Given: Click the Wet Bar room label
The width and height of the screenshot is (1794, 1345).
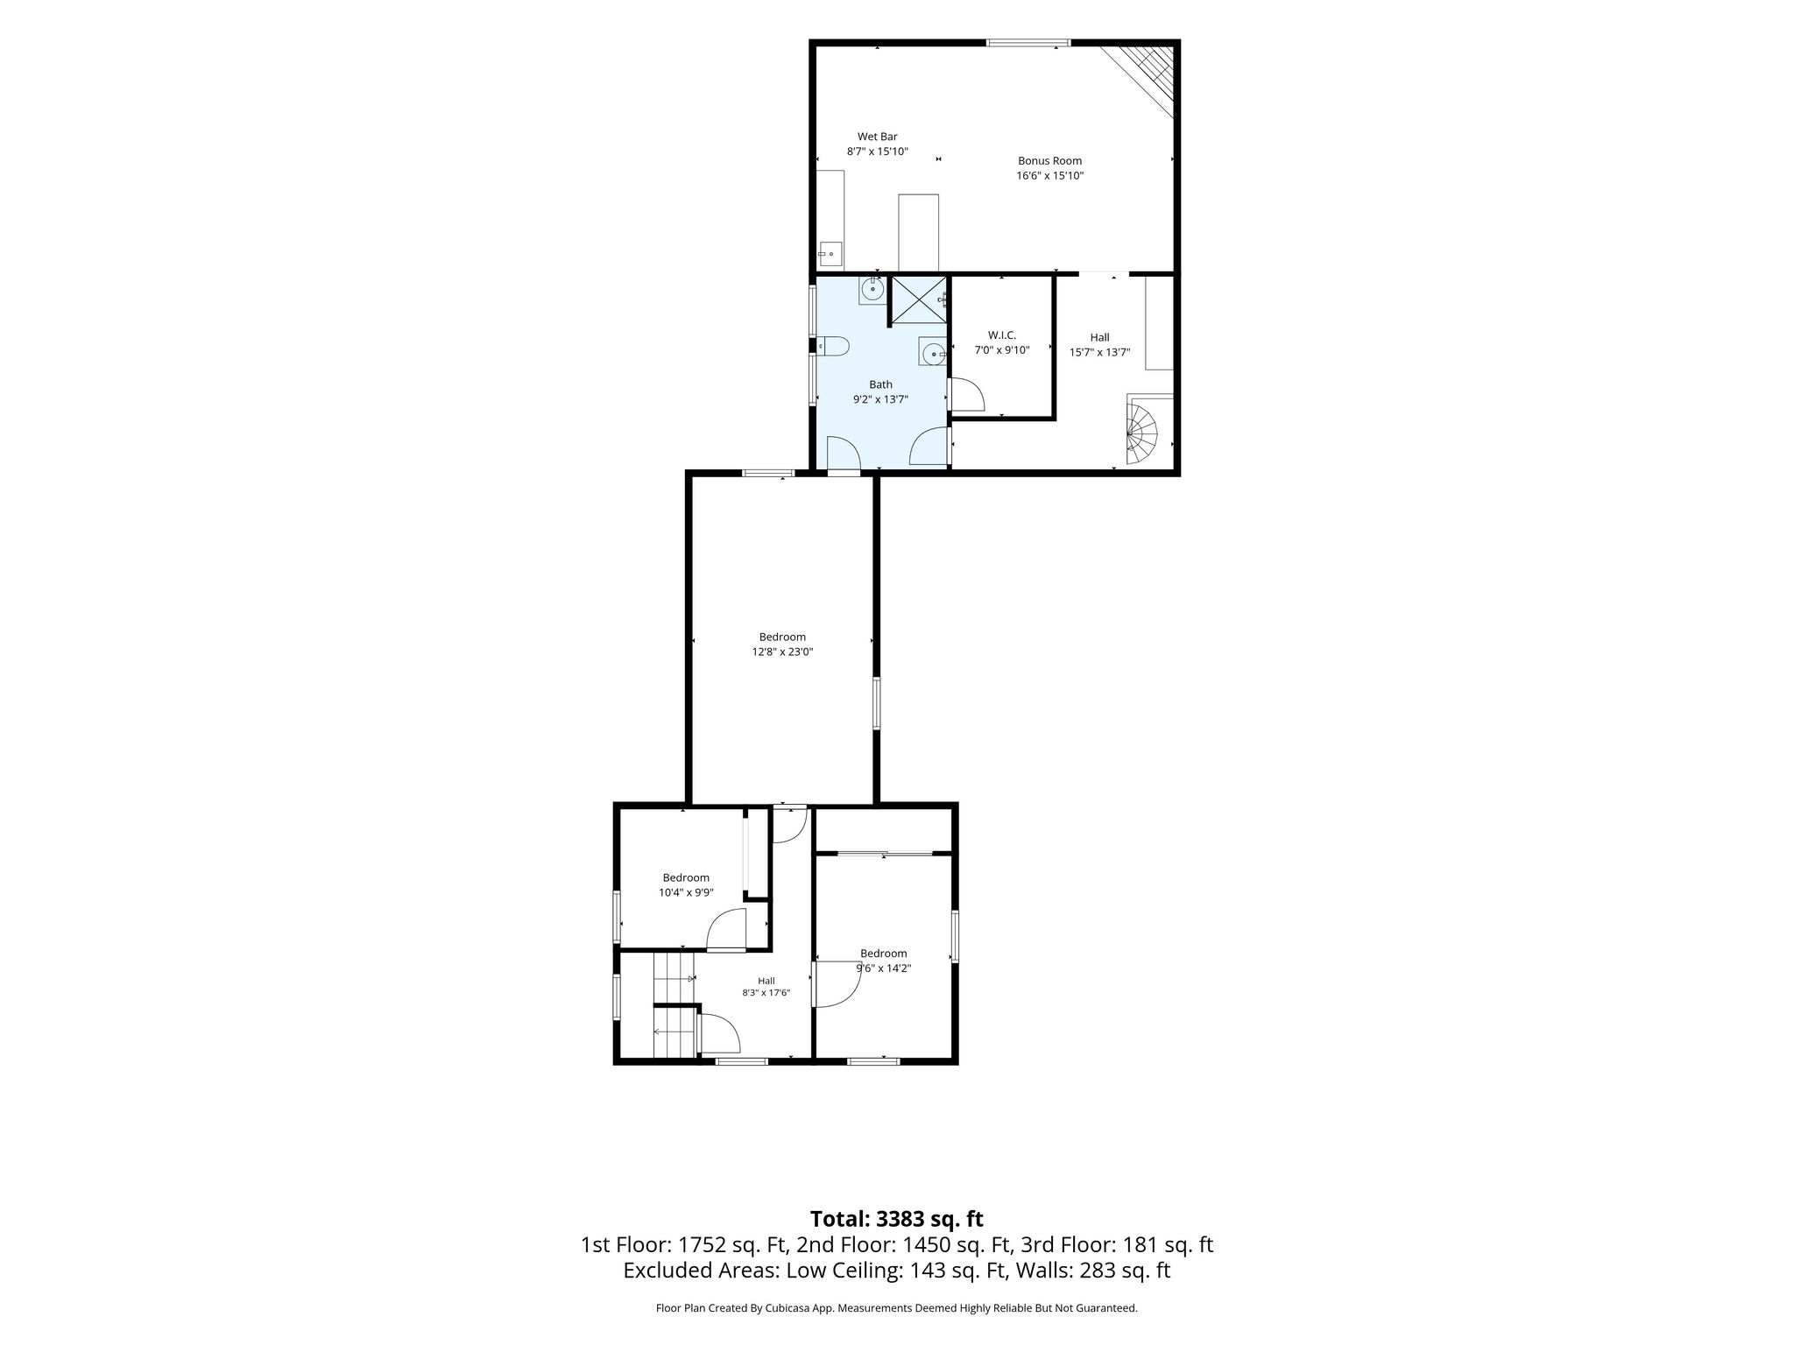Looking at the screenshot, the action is (877, 137).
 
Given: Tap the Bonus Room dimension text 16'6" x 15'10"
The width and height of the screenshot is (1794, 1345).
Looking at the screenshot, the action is (1049, 176).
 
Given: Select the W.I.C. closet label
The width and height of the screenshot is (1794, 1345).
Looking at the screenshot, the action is (1001, 335).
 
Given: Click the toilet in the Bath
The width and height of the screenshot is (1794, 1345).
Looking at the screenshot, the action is (832, 347).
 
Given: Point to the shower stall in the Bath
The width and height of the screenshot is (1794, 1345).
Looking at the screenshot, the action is (919, 300).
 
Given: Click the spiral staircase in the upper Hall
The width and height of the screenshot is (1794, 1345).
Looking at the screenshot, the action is (1142, 432).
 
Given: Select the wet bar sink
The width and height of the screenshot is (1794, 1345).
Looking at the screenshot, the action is (830, 255).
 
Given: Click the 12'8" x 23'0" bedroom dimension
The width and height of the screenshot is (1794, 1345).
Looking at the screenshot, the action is (782, 652).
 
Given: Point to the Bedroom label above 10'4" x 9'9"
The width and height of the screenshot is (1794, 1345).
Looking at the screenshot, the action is (686, 877).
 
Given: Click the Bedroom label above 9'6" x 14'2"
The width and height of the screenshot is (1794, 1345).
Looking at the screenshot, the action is (883, 954).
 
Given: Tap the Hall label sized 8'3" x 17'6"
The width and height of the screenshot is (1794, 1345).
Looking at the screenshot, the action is (766, 981).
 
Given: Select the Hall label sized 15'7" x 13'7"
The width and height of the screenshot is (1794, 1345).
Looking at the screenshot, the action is (1099, 337).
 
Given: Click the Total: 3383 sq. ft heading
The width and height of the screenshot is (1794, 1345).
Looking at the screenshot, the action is (896, 1219).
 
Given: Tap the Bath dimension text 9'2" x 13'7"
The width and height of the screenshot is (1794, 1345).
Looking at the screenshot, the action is (880, 399).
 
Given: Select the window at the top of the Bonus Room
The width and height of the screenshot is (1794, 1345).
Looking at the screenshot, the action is (1028, 42).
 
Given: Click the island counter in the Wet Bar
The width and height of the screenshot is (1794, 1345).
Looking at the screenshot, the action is (919, 232).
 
